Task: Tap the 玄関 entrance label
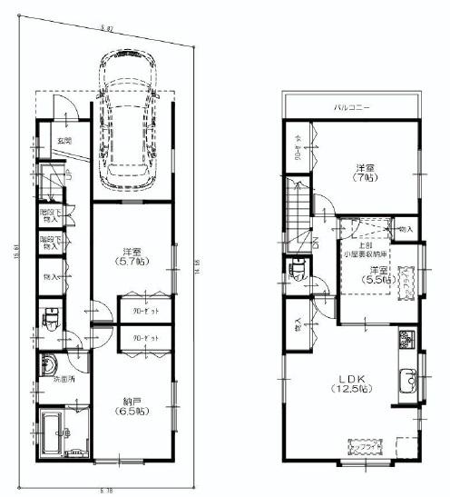pos(64,141)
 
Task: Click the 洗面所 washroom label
pos(63,379)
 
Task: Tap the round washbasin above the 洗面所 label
pos(47,363)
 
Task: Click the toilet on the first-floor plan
pos(51,319)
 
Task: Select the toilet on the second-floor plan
pos(294,270)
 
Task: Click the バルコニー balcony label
pos(349,106)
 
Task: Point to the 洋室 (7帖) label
pos(365,173)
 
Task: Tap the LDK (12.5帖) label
pos(348,383)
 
